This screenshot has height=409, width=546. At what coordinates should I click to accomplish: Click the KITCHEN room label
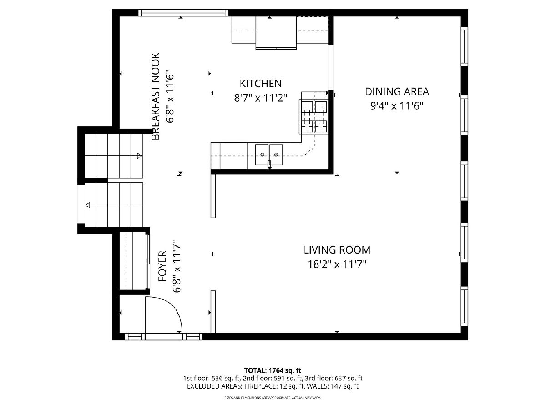pyautogui.click(x=260, y=84)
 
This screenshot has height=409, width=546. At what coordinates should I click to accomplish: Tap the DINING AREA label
pyautogui.click(x=397, y=92)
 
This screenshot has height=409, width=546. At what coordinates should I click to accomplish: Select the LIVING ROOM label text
pyautogui.click(x=337, y=250)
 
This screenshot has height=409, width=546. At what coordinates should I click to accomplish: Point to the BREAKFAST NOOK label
pyautogui.click(x=156, y=96)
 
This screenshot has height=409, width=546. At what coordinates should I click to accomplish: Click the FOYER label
pyautogui.click(x=163, y=266)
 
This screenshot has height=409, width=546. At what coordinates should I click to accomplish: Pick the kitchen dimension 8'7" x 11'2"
pyautogui.click(x=260, y=98)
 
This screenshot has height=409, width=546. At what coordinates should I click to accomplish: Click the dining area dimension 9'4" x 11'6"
pyautogui.click(x=397, y=106)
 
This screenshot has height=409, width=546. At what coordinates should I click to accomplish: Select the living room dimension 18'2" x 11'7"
pyautogui.click(x=337, y=264)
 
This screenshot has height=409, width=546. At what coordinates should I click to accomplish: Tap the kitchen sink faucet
pyautogui.click(x=269, y=165)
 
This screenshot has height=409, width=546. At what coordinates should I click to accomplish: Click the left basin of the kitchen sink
pyautogui.click(x=262, y=155)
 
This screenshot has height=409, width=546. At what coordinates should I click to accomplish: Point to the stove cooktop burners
pyautogui.click(x=314, y=116)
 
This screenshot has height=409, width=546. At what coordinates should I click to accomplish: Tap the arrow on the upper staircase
pyautogui.click(x=140, y=156)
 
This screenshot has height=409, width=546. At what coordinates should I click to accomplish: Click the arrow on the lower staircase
pyautogui.click(x=87, y=205)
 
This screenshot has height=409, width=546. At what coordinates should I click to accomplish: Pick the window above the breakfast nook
pyautogui.click(x=183, y=13)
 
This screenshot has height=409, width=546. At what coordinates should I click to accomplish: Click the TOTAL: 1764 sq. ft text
pyautogui.click(x=273, y=370)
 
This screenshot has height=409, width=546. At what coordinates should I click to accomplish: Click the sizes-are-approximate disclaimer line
pyautogui.click(x=273, y=398)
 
